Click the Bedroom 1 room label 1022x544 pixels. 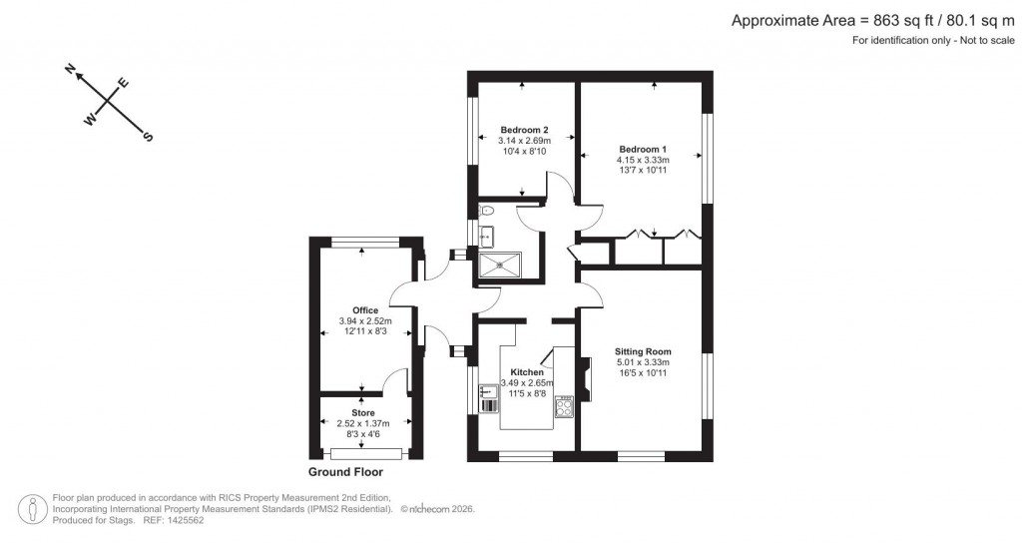pos(642,149)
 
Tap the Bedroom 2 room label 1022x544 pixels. pos(524,130)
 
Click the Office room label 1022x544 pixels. pos(364,310)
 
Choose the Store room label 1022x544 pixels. pos(362,412)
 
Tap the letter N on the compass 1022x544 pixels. pos(71,69)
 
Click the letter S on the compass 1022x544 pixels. pos(148,136)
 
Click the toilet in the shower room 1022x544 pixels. pos(486,211)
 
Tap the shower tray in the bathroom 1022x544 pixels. pos(499,263)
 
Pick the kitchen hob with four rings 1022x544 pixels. pos(563,407)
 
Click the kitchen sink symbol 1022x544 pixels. pos(489,396)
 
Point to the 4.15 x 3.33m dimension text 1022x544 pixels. pos(642,160)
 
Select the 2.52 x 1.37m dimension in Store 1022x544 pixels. pos(362,423)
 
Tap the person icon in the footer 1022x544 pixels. pos(36,507)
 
